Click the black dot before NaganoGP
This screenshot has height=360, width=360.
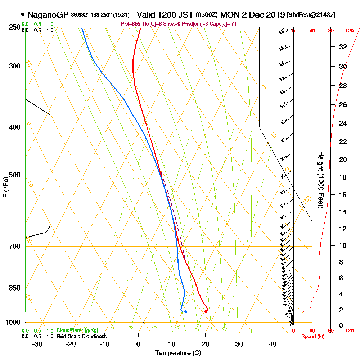23,15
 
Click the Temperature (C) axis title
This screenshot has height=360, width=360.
178,353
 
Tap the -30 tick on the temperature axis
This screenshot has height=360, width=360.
37,344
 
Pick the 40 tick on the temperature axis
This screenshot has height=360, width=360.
273,344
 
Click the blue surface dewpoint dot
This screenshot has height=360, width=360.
185,312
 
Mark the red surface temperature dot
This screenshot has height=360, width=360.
206,312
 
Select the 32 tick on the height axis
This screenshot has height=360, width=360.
343,47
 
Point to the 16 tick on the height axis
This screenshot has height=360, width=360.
343,195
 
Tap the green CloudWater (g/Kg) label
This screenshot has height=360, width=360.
77,330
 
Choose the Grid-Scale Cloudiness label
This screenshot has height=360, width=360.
81,336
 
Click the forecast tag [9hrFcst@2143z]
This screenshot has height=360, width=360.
311,15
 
